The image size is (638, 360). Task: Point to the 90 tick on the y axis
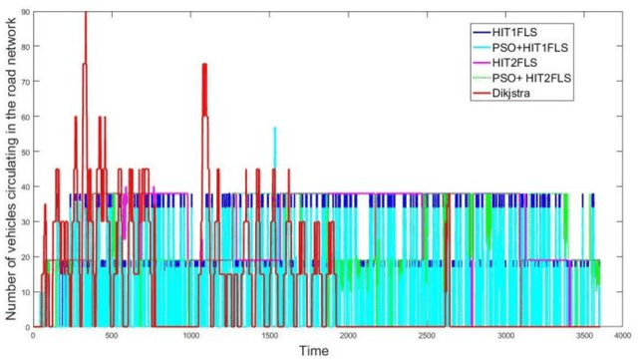(24, 11)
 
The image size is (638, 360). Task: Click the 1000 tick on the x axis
(189, 336)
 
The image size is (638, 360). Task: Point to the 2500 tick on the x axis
(426, 336)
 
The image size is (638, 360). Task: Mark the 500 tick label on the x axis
(111, 336)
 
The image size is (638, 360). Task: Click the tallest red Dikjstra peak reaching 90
(86, 14)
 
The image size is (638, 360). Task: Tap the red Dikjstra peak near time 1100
(204, 66)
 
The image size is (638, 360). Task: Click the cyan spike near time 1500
(275, 130)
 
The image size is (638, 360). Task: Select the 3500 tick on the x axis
(583, 336)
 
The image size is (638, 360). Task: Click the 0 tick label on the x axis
(33, 336)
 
